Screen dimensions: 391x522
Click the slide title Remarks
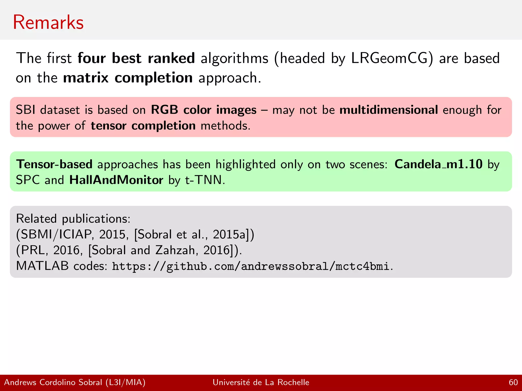pos(48,22)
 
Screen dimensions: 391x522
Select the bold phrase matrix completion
pos(128,78)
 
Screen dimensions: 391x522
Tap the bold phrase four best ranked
pos(136,58)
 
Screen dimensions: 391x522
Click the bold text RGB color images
pos(203,110)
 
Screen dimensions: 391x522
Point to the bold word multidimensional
pos(389,110)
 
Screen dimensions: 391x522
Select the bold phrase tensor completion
pos(143,126)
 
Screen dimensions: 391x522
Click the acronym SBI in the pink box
pos(25,110)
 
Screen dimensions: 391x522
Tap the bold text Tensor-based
pos(54,164)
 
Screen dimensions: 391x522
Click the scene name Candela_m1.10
pos(438,164)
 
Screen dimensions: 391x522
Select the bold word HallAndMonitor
pos(116,180)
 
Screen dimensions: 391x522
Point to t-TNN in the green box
pos(205,180)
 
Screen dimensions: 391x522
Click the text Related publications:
pos(73,219)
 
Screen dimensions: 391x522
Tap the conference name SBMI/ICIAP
pos(56,234)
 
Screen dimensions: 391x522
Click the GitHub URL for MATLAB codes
pos(251,266)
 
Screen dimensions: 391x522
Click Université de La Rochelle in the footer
pos(261,382)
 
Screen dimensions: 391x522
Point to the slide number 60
pos(513,382)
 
